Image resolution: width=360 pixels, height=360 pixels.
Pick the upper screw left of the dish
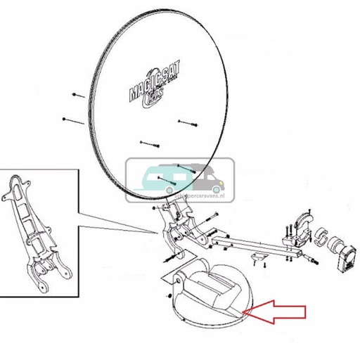tap(79, 94)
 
